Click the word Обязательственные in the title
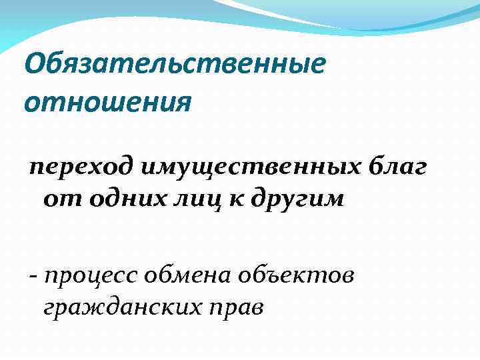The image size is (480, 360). coord(175,66)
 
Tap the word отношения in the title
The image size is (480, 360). coord(107,103)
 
